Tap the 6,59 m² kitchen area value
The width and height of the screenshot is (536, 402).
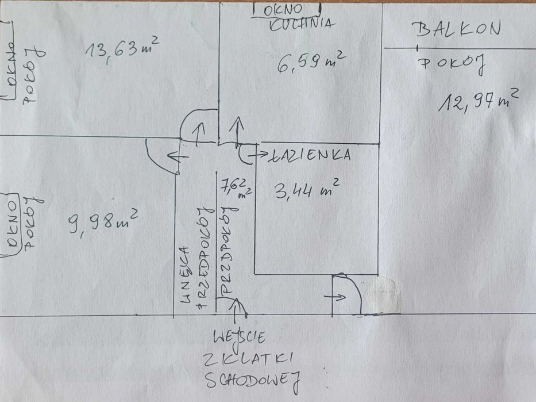(x=310, y=61)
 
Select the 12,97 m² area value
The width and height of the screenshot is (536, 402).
(x=478, y=99)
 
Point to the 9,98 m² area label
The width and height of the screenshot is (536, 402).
(x=103, y=221)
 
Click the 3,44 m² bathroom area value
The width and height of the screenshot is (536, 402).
(x=307, y=189)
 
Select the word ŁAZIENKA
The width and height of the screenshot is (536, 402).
(x=310, y=155)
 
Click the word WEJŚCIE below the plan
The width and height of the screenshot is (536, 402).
(x=240, y=337)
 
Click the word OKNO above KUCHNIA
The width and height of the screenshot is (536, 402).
(x=283, y=10)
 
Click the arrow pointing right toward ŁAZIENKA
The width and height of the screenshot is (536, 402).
(x=258, y=155)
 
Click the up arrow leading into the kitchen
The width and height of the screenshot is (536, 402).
(x=237, y=132)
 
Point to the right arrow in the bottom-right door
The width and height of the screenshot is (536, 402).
(x=336, y=297)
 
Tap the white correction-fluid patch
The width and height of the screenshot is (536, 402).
(x=382, y=295)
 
